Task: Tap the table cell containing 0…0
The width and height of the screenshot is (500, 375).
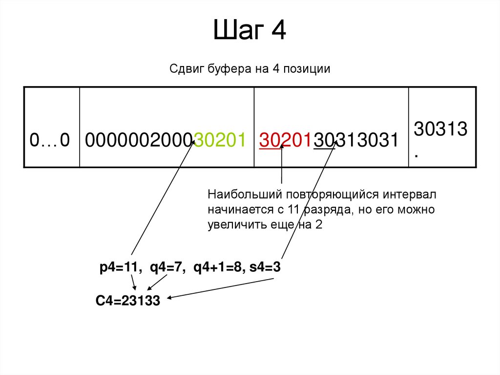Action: coord(51,140)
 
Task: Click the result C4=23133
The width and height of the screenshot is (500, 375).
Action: coord(127,301)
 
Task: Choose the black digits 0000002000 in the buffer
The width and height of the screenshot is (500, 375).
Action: coord(139,141)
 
